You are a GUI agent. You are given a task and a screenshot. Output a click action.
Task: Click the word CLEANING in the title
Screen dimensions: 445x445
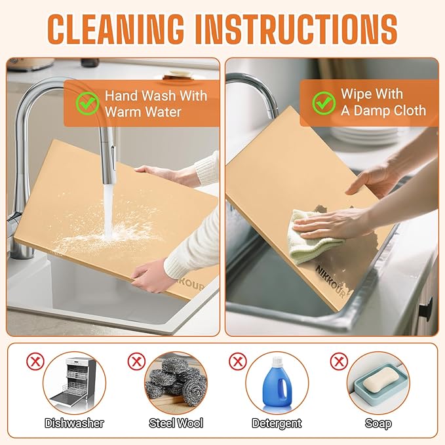(x=115, y=29)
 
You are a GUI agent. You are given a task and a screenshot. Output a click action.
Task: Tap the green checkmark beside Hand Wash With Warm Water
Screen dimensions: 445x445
(x=88, y=104)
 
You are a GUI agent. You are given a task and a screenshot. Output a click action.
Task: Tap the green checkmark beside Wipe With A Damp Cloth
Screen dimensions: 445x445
(x=324, y=103)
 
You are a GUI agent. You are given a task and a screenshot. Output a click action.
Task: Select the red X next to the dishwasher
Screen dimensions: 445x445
(x=35, y=362)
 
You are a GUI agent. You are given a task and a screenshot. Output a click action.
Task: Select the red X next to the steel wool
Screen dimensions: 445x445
(x=136, y=362)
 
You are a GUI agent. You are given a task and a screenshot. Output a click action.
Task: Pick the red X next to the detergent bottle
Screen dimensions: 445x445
(x=238, y=362)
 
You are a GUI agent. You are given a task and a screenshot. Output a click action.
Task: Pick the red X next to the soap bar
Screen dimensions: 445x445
(x=339, y=362)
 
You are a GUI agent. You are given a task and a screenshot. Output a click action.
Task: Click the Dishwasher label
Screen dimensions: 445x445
(x=74, y=423)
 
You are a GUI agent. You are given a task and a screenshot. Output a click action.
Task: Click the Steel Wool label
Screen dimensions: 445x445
(x=176, y=423)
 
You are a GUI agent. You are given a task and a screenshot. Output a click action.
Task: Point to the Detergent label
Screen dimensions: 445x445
(x=277, y=423)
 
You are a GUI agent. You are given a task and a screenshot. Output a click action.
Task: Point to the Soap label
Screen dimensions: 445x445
(x=378, y=423)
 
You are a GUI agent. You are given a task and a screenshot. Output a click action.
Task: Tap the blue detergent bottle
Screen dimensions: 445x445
(x=277, y=381)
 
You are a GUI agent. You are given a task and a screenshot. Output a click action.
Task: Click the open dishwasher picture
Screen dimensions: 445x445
(x=74, y=381)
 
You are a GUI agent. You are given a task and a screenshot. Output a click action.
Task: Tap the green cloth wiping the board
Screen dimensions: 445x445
(x=315, y=233)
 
